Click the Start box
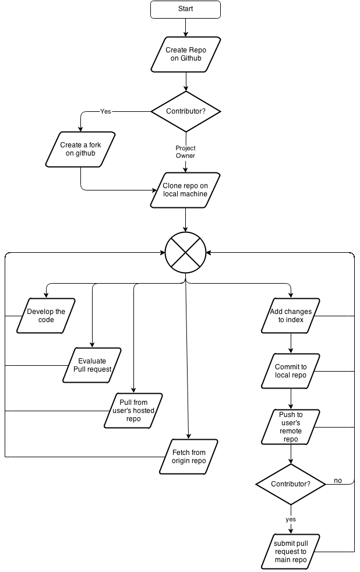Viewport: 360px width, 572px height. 185,9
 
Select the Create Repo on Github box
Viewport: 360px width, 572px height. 185,55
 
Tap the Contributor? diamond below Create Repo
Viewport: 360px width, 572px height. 186,111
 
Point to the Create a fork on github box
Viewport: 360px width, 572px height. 80,149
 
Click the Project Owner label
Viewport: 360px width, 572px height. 186,152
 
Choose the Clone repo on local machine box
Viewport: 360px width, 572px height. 185,190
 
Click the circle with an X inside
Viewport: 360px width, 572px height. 186,252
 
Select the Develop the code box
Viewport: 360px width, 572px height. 46,316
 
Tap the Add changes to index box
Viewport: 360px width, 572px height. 291,316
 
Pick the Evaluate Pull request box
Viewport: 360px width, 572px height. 92,365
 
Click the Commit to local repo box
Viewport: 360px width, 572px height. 291,371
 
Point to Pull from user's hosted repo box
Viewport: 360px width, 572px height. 133,411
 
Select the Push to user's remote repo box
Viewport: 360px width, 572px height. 291,427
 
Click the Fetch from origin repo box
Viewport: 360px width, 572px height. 189,456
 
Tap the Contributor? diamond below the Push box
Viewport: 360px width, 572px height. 291,484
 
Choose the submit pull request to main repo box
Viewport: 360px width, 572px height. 291,552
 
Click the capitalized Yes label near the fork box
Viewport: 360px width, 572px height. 105,112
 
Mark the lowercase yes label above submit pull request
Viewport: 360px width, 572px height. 291,519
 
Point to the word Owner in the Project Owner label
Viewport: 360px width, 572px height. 186,156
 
